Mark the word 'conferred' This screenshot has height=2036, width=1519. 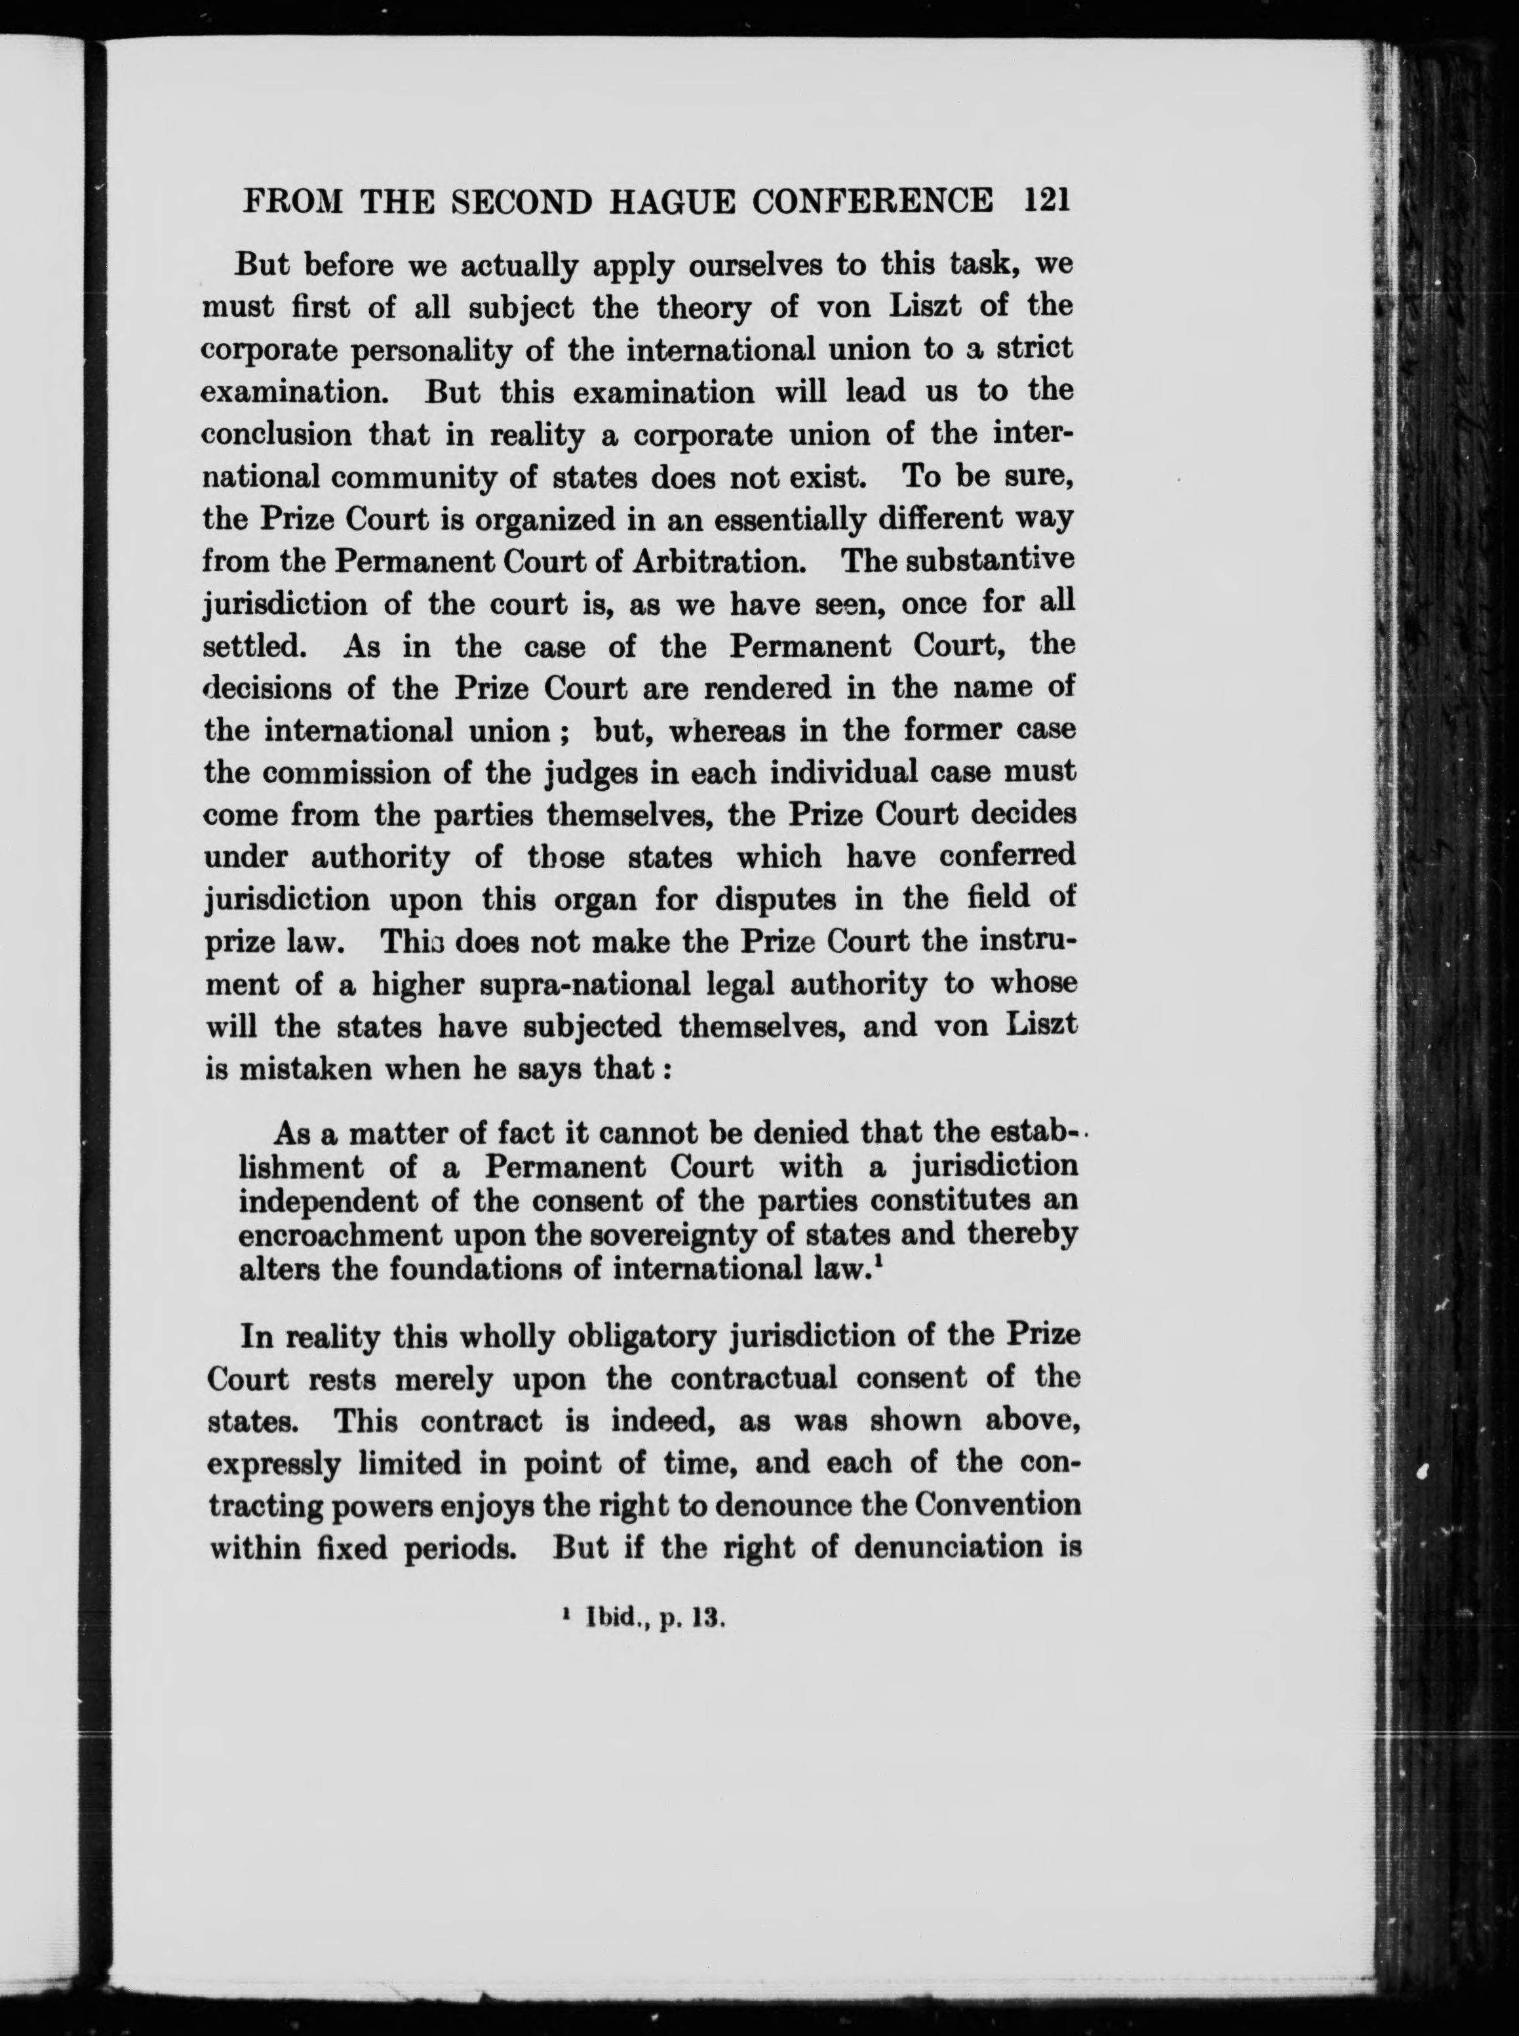click(1007, 856)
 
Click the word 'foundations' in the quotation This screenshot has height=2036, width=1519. click(494, 1269)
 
